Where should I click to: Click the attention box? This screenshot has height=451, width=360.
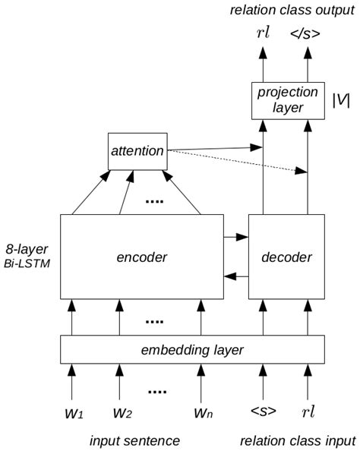click(137, 150)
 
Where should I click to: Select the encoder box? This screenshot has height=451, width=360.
click(142, 257)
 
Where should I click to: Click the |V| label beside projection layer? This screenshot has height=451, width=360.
click(341, 100)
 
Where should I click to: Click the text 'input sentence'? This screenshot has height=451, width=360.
click(134, 440)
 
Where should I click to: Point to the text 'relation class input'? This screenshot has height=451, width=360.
click(297, 440)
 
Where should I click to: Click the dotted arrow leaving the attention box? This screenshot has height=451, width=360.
click(235, 161)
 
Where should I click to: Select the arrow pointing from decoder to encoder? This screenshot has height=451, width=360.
click(237, 277)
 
